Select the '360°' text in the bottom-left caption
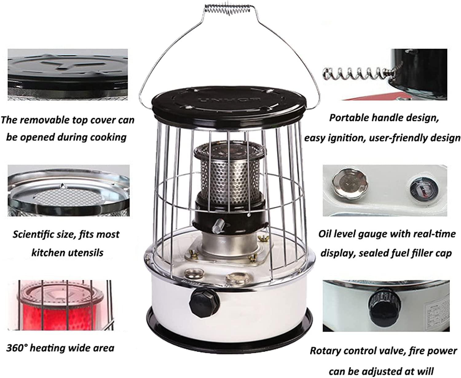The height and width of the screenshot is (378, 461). (17, 348)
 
